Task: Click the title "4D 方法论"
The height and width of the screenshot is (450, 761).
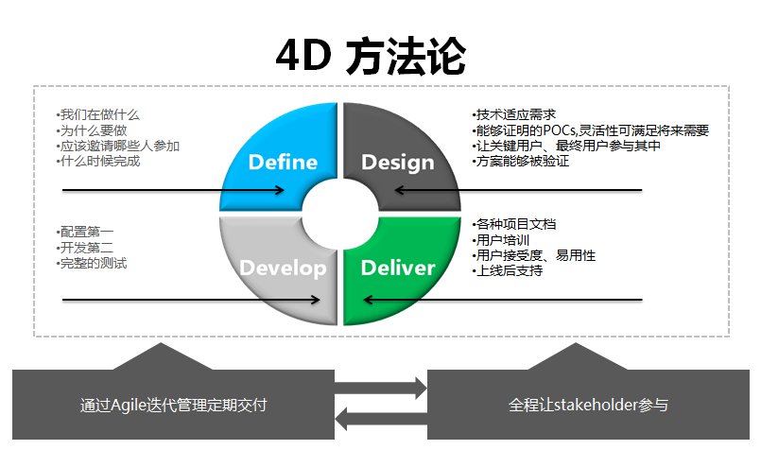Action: [x=371, y=56]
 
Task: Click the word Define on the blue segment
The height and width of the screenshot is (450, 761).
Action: [x=283, y=163]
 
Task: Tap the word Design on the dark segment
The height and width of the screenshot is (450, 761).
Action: [x=398, y=164]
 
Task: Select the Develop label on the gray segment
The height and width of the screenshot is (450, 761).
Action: [x=284, y=268]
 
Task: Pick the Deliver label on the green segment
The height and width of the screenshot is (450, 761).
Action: [x=398, y=268]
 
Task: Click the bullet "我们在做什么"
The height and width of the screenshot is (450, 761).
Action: [x=98, y=115]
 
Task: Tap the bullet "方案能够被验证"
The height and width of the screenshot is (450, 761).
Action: [x=521, y=161]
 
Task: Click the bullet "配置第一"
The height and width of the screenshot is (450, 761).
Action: [x=85, y=232]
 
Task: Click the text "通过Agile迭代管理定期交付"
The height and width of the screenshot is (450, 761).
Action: [x=174, y=406]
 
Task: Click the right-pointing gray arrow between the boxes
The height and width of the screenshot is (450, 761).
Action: [x=380, y=388]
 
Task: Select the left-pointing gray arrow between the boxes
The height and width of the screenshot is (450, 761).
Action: [x=381, y=419]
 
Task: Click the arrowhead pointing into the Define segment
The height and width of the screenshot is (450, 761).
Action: [x=280, y=190]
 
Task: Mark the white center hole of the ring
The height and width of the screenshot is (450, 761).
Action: [x=340, y=214]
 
